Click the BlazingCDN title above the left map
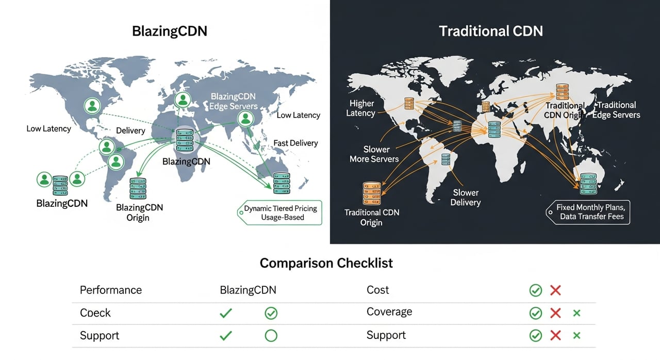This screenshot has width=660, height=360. coord(170,31)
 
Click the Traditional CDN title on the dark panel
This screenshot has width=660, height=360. coord(490,31)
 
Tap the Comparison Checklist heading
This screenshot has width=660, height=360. coord(326,263)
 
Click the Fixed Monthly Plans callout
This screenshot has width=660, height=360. coord(589,211)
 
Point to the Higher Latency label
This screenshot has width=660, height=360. coord(361,108)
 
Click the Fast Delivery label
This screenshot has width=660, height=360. coord(295,143)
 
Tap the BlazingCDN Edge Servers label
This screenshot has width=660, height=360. coord(233,101)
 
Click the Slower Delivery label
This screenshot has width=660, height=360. coord(465,197)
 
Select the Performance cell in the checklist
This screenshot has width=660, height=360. coord(110,290)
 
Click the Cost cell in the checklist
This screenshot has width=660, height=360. coord(377,290)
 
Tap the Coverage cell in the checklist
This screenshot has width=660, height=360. coord(389,312)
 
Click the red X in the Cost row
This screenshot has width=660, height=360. coord(555,290)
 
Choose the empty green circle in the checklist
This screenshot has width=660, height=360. coord(271,336)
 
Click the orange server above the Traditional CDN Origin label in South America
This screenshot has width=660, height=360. coord(371,192)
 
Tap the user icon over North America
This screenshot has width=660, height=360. coord(92,106)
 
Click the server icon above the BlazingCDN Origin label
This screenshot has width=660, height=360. coord(138,188)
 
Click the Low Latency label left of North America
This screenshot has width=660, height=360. coord(48,128)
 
